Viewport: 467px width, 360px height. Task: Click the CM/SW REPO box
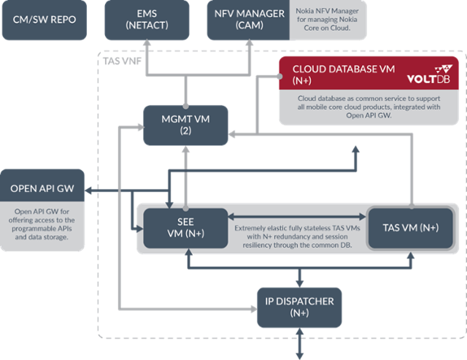coord(45,20)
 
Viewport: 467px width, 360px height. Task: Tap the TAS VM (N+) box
coord(411,227)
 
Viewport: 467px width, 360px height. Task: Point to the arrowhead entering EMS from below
coord(148,45)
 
